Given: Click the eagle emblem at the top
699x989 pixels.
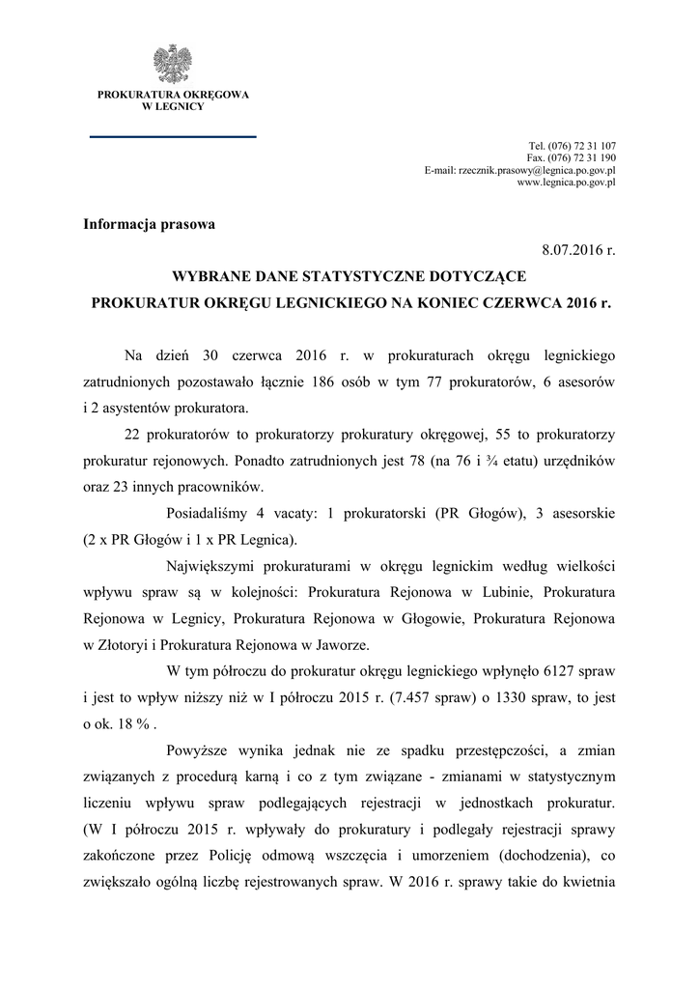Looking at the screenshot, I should [x=173, y=64].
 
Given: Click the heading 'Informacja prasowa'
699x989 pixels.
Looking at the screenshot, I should [x=149, y=224].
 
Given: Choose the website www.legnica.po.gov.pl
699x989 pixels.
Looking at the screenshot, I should [x=567, y=182].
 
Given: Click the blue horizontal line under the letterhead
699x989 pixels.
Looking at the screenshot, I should [x=173, y=137].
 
